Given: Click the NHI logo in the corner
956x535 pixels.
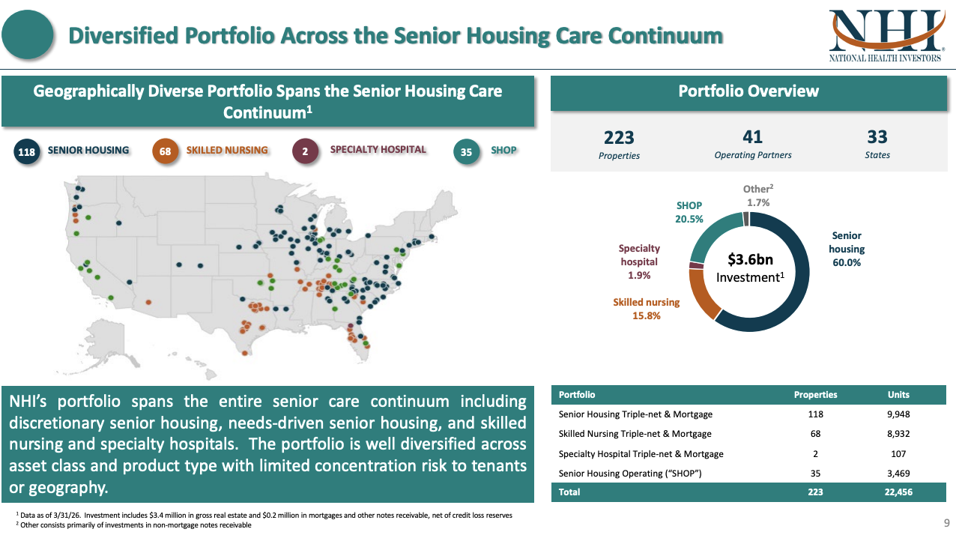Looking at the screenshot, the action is click(886, 36).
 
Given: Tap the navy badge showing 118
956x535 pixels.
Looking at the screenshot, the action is click(26, 151).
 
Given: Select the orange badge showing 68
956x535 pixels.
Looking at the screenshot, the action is click(165, 151).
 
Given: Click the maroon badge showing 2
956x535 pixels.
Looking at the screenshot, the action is click(305, 151).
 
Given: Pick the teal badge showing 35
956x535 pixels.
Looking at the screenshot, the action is click(466, 151).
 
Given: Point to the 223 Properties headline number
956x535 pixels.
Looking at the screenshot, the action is click(619, 138).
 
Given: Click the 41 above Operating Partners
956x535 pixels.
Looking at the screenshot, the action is click(752, 137).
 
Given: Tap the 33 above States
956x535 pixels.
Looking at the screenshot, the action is click(877, 137).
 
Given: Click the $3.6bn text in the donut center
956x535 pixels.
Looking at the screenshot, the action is click(750, 259).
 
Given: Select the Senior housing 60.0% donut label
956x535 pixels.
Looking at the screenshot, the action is click(847, 249).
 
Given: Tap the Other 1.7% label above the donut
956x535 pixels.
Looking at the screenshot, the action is click(758, 196).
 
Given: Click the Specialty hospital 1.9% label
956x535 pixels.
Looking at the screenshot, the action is click(639, 262).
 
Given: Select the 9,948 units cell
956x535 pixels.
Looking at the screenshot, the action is click(898, 414).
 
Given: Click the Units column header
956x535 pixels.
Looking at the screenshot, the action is click(898, 395).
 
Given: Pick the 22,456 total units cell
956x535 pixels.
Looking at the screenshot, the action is click(898, 492).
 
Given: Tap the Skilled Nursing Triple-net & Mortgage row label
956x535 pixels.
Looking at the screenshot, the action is click(635, 434).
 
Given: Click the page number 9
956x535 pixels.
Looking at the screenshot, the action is click(946, 523).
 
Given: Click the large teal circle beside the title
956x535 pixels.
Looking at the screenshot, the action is click(27, 34).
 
